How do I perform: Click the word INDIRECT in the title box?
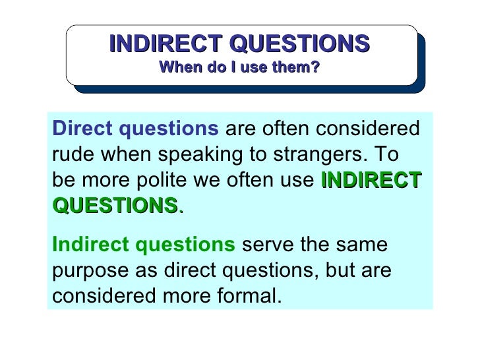click(164, 44)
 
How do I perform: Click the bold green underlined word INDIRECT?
click(371, 180)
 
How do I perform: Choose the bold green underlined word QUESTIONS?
click(115, 206)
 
